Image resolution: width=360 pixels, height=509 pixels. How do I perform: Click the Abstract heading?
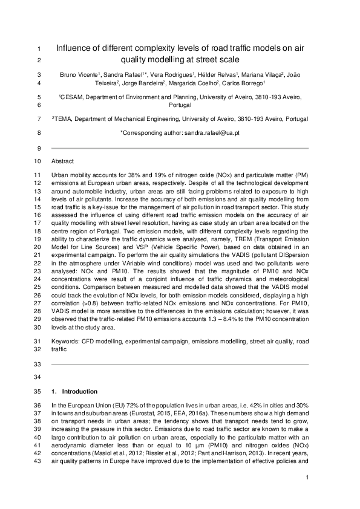click(63, 161)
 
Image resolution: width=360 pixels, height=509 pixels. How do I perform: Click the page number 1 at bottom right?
click(307, 478)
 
